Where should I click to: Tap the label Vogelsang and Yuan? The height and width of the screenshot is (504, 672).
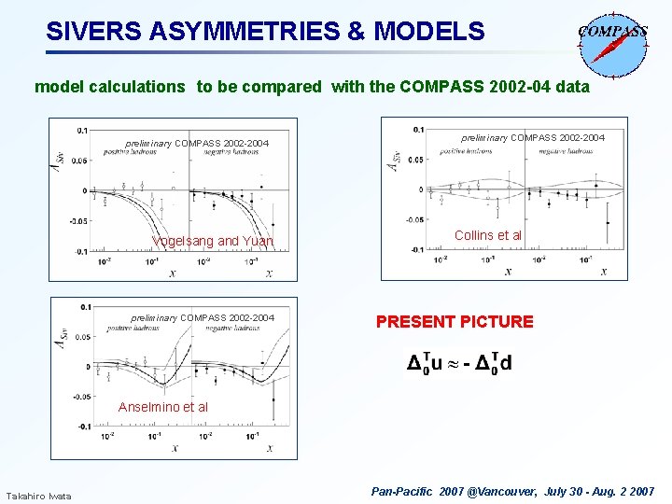tap(213, 242)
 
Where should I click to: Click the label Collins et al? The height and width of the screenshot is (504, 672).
tap(488, 235)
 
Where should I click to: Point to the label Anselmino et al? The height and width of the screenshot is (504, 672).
tap(163, 407)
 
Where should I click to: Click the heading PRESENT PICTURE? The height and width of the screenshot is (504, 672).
tap(455, 322)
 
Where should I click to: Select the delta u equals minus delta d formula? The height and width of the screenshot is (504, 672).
tap(458, 363)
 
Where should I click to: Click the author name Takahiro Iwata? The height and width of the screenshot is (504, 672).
tap(39, 495)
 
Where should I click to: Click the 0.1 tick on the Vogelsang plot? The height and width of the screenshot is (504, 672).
tap(83, 130)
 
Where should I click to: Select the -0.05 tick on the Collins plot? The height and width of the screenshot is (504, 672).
tap(413, 219)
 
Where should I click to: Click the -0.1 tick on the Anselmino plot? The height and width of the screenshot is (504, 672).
tap(83, 427)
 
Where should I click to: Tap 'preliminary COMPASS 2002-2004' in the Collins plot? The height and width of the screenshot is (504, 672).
tap(533, 138)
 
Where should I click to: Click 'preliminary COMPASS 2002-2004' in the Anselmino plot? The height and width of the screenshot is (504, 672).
tap(203, 318)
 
